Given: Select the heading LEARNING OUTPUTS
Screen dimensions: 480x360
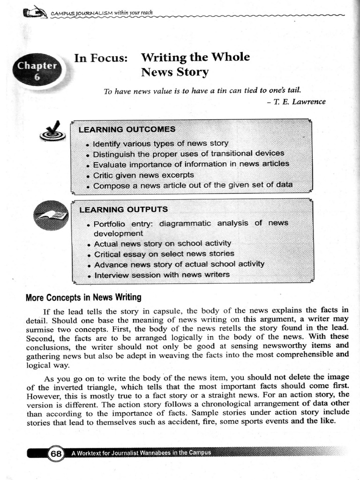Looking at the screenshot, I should (x=123, y=209).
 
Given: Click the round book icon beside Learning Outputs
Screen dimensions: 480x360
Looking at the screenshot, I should (x=51, y=217).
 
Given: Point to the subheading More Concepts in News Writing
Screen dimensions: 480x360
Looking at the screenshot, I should (x=83, y=297).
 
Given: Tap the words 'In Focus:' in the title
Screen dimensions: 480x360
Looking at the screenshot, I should (x=101, y=58).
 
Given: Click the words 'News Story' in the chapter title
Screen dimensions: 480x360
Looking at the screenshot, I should (x=174, y=72).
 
